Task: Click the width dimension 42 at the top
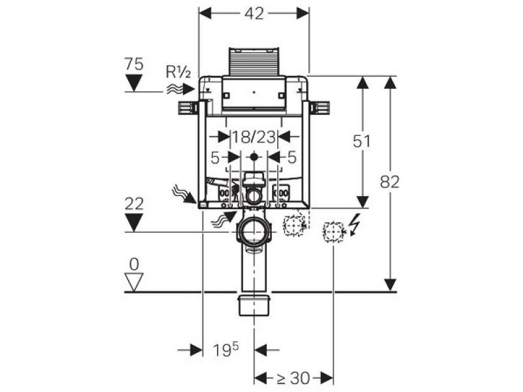click(254, 14)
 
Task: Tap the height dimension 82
click(390, 182)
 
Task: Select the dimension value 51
click(362, 141)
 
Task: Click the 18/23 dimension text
click(254, 137)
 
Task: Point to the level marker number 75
click(134, 64)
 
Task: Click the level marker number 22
click(134, 204)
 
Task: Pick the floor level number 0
click(134, 265)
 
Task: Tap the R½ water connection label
click(178, 72)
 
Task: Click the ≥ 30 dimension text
click(292, 378)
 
